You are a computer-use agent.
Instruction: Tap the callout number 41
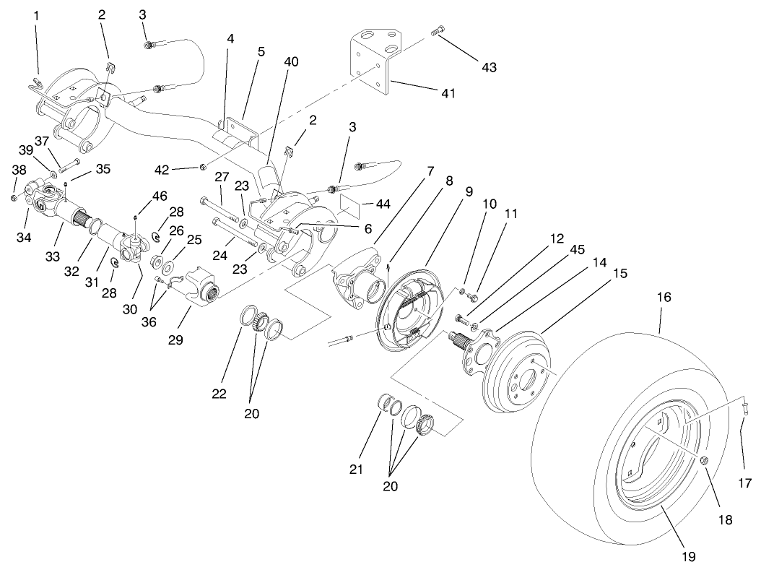coord(450,93)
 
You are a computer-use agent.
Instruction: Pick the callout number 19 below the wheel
coord(687,556)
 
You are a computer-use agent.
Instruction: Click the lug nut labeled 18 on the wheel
coord(704,461)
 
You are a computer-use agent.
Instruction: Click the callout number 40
coord(291,62)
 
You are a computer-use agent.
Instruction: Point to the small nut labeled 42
coord(204,168)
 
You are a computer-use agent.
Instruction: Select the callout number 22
coord(219,394)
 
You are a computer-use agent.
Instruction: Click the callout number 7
coord(430,171)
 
